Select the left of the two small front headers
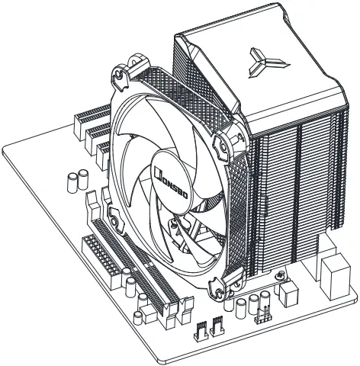click(x=201, y=329)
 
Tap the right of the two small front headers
click(x=217, y=326)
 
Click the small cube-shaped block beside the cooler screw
click(x=288, y=294)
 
